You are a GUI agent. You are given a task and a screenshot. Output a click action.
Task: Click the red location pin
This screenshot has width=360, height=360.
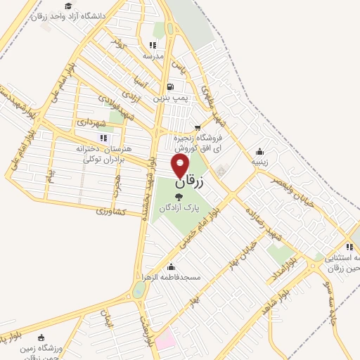point(181,166)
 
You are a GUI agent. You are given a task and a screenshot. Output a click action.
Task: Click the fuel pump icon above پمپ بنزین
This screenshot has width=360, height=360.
point(173,87)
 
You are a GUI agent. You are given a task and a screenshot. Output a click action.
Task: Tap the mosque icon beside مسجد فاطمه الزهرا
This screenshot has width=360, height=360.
point(172,267)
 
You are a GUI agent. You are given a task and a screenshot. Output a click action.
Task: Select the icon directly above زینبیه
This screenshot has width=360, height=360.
point(260,150)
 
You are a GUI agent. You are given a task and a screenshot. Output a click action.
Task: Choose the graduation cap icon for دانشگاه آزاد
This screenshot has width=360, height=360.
point(67,6)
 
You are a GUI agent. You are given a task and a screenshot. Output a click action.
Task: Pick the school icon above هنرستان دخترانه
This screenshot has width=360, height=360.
point(103,138)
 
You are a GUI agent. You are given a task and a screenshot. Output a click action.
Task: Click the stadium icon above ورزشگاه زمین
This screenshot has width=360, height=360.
point(41,337)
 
